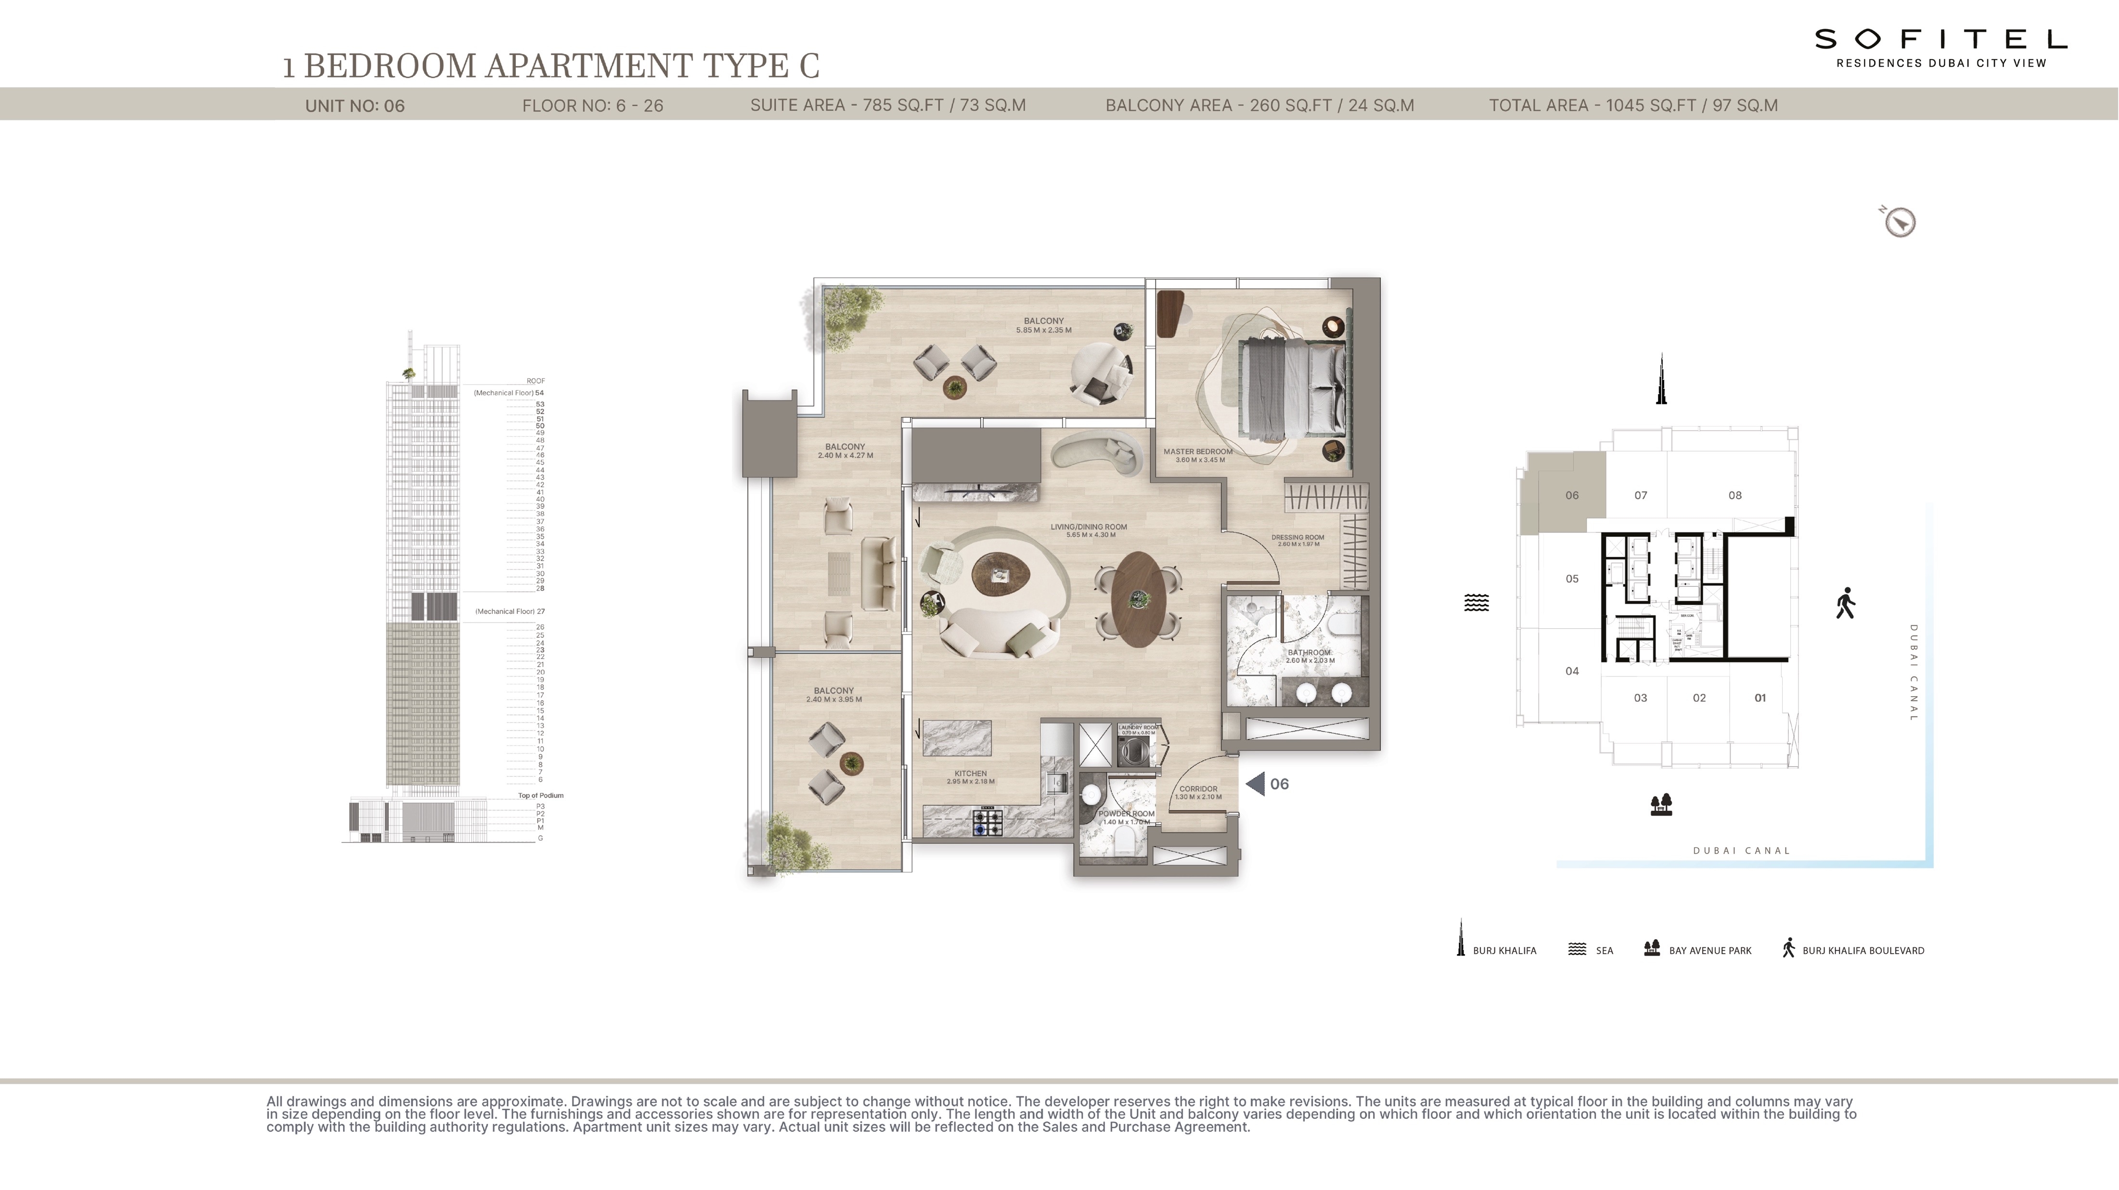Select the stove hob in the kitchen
pyautogui.click(x=988, y=822)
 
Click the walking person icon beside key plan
pyautogui.click(x=1845, y=603)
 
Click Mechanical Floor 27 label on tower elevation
pyautogui.click(x=509, y=611)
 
